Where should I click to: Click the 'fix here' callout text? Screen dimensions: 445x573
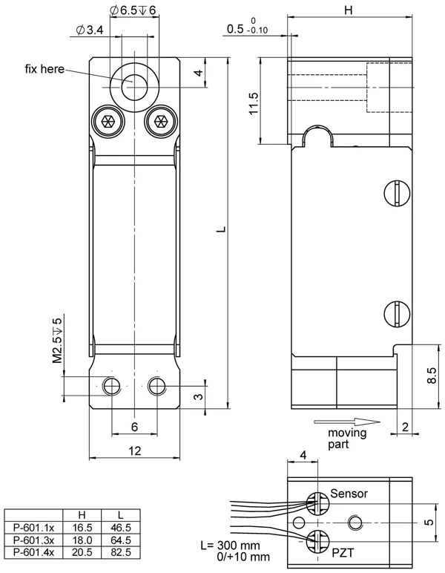44,69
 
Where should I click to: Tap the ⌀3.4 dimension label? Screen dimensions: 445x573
90,30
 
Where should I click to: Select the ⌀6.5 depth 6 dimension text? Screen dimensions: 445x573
133,10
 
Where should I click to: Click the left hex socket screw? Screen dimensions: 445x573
108,121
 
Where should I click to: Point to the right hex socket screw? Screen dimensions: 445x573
161,121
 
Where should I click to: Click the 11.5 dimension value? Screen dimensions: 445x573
254,103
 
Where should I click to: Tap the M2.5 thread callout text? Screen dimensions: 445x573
57,341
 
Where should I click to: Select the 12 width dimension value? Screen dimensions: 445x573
135,451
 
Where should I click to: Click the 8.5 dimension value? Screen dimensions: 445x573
431,376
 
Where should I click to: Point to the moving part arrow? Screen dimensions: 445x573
347,422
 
